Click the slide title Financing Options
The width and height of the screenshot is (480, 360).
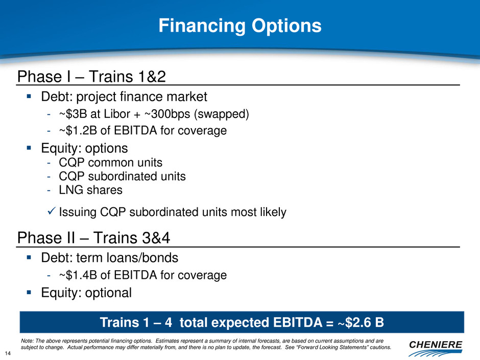tap(240, 26)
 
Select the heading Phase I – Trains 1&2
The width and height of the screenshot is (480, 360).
tap(91, 77)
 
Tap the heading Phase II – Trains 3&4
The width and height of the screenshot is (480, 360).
tap(93, 238)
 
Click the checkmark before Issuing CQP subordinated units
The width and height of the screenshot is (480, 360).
tap(52, 210)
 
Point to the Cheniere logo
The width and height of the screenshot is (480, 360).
tap(435, 348)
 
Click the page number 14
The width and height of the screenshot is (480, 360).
tap(8, 353)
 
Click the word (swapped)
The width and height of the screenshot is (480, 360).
tap(222, 114)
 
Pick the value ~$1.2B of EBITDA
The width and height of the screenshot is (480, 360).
tap(78, 130)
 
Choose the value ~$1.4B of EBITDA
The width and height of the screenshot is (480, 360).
tap(78, 275)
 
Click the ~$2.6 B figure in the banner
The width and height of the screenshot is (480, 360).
tap(361, 322)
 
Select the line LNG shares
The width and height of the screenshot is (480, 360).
tap(90, 190)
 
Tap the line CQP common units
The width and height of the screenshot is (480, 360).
tap(110, 162)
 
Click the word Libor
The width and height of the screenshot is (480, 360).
tap(117, 114)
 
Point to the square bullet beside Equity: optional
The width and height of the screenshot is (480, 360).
tap(29, 293)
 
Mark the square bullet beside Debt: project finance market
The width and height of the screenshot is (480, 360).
tap(29, 97)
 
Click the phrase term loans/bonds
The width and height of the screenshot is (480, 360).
tap(127, 258)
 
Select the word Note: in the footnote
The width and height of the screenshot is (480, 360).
tap(27, 341)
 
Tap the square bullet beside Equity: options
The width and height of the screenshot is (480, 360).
tap(29, 148)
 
